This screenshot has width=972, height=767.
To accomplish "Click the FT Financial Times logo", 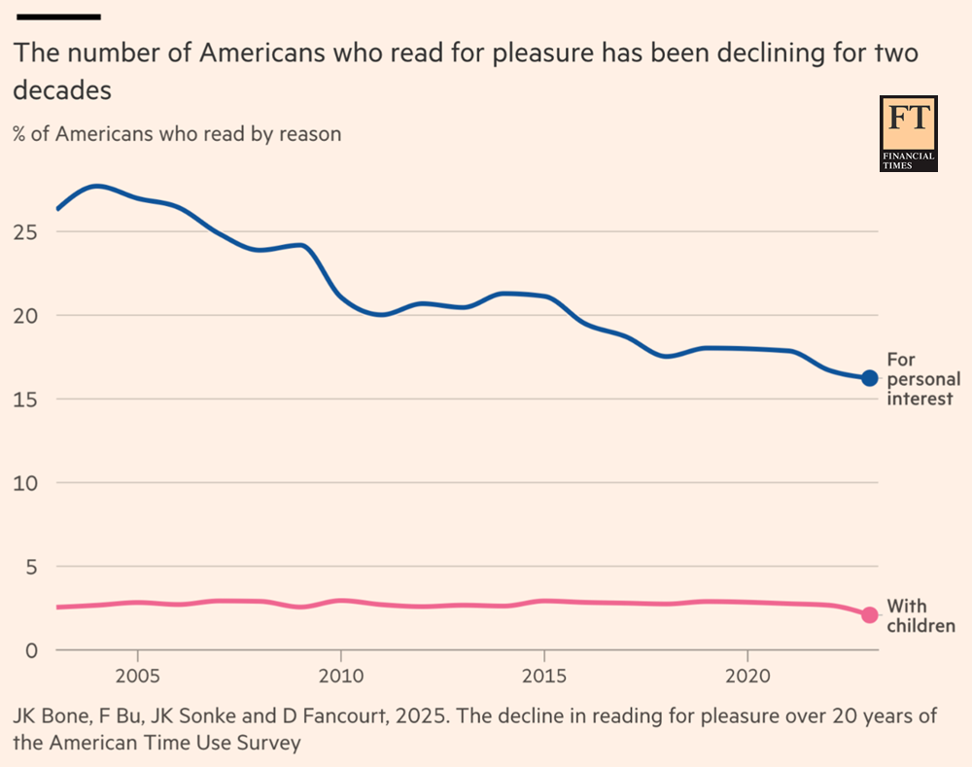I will click(x=908, y=133).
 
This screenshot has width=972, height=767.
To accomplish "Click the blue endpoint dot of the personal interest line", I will click(x=869, y=378).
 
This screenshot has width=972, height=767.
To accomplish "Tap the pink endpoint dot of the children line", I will click(x=869, y=614).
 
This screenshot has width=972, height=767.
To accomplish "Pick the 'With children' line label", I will click(x=920, y=616).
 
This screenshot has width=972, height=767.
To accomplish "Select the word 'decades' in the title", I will click(x=62, y=90).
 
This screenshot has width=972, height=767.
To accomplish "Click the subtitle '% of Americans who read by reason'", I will click(x=177, y=134).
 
